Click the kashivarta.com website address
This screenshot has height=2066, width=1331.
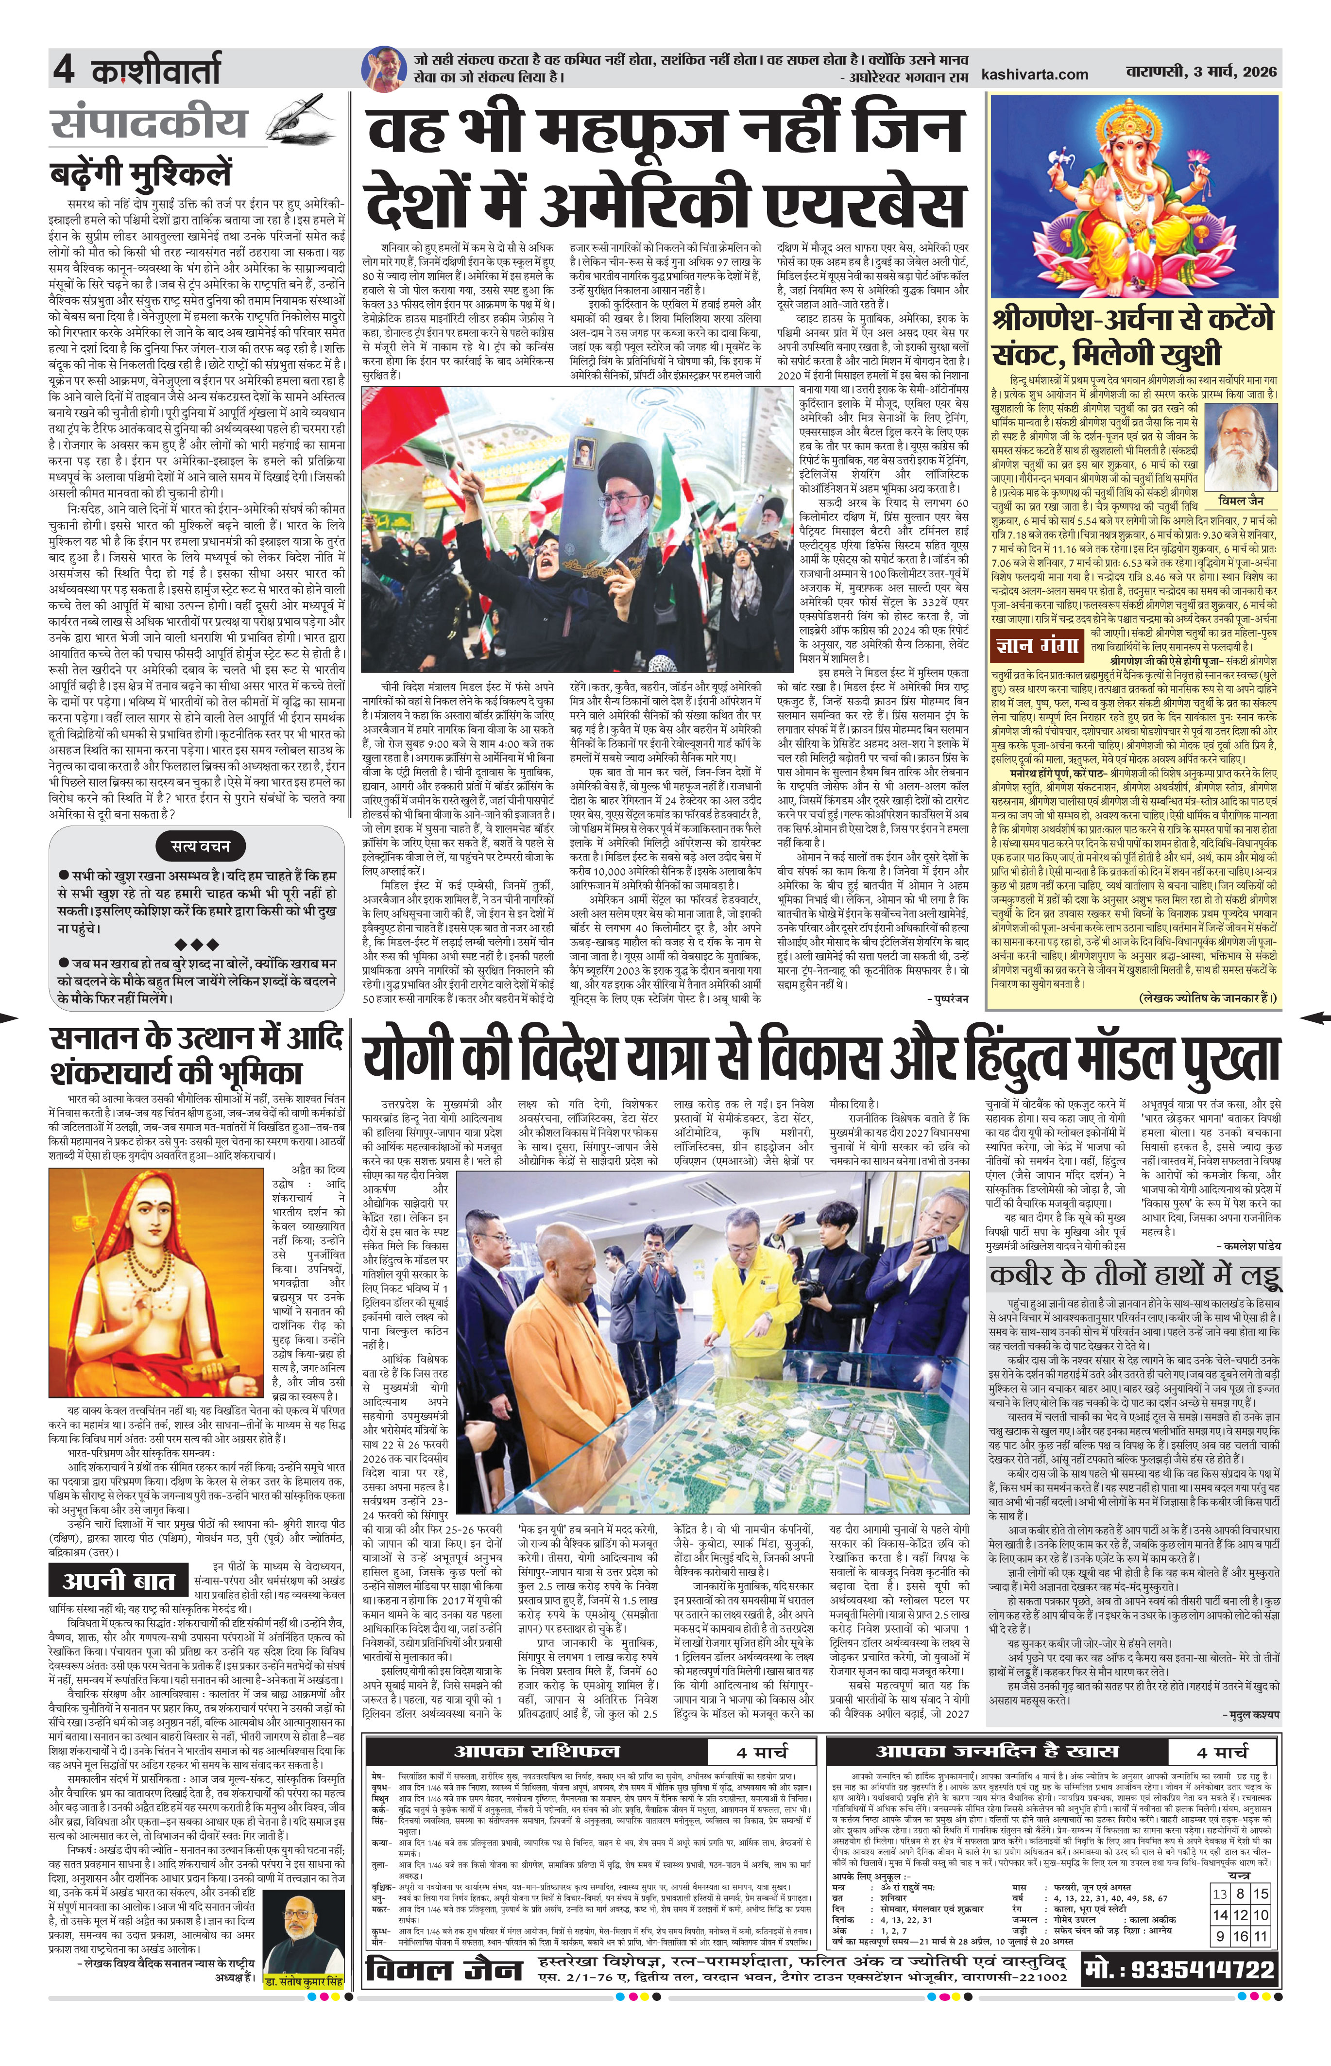coord(1035,74)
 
